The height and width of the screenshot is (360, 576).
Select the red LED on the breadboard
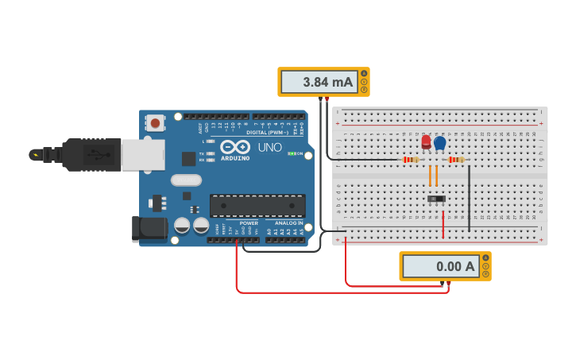[x=426, y=142]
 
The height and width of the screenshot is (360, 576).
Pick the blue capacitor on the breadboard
[x=440, y=143]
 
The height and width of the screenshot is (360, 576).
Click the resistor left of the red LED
[x=411, y=160]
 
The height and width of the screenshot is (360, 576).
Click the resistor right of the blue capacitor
[x=455, y=160]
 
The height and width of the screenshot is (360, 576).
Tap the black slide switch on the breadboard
[x=436, y=198]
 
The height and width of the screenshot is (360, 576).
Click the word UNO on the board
[x=270, y=148]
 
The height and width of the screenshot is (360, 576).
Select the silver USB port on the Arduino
[x=143, y=155]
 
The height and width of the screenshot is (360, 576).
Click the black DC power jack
[x=149, y=228]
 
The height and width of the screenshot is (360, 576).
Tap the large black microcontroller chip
[x=257, y=205]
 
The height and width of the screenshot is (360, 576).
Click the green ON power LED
[x=292, y=153]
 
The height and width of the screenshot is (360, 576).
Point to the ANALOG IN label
[x=289, y=223]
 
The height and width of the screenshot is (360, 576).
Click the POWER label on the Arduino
[x=249, y=223]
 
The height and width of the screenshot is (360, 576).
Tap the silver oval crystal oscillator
[x=186, y=180]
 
